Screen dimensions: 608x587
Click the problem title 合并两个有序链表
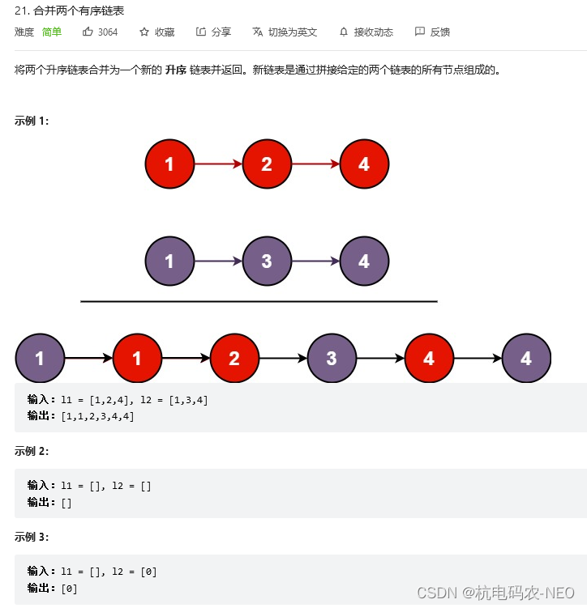[x=79, y=11]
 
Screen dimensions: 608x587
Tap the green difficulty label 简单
[x=52, y=32]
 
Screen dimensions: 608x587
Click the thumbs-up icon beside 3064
[x=88, y=32]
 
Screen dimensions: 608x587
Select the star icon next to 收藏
[x=144, y=32]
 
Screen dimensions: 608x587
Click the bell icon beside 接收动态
[x=344, y=32]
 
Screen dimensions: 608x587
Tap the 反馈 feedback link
[x=439, y=32]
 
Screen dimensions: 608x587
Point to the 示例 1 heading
[x=32, y=121]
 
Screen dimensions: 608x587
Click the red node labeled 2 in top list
[x=267, y=164]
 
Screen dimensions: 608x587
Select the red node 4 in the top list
[x=364, y=164]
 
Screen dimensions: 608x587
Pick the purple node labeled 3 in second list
[x=267, y=261]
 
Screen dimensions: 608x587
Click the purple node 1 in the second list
[x=169, y=261]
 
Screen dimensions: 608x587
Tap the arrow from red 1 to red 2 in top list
[x=218, y=164]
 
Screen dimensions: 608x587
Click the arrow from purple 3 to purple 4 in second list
[x=315, y=261]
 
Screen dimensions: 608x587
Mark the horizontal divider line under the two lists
[x=259, y=301]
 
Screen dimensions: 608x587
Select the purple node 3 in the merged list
[x=332, y=358]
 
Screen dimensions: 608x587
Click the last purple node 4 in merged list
[x=526, y=358]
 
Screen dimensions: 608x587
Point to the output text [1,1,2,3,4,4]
[x=98, y=416]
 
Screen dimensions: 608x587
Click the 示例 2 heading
[x=32, y=451]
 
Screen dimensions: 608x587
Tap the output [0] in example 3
[x=69, y=589]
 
